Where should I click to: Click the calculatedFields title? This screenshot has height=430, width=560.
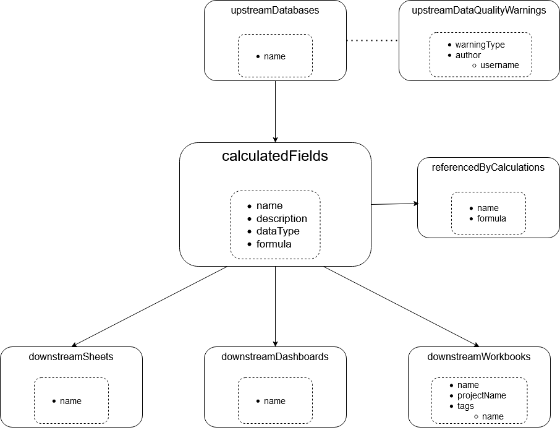275,156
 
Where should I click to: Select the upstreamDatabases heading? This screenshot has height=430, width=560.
275,10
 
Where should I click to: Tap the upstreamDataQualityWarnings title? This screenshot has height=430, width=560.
479,11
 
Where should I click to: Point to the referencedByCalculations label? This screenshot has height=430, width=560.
488,167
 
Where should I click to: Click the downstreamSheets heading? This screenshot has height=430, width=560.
71,356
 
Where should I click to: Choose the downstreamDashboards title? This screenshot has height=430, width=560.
275,356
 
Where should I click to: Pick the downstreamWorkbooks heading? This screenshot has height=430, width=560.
479,356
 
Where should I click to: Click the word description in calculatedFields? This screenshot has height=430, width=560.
282,218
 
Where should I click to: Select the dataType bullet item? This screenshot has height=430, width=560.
278,231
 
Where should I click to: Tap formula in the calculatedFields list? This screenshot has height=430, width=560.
274,244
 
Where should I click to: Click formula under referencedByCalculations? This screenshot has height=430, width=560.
491,218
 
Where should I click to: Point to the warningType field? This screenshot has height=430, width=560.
480,45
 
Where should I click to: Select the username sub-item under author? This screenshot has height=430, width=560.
499,65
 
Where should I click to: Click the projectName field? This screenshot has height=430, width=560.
482,395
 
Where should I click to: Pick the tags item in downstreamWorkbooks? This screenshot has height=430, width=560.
465,406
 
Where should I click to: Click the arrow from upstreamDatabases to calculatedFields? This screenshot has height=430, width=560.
275,112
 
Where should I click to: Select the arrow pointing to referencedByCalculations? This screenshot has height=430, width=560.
394,204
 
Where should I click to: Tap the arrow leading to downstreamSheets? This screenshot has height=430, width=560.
150,307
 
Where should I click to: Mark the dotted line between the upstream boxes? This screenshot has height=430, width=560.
373,40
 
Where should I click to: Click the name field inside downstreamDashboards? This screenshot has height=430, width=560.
274,401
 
